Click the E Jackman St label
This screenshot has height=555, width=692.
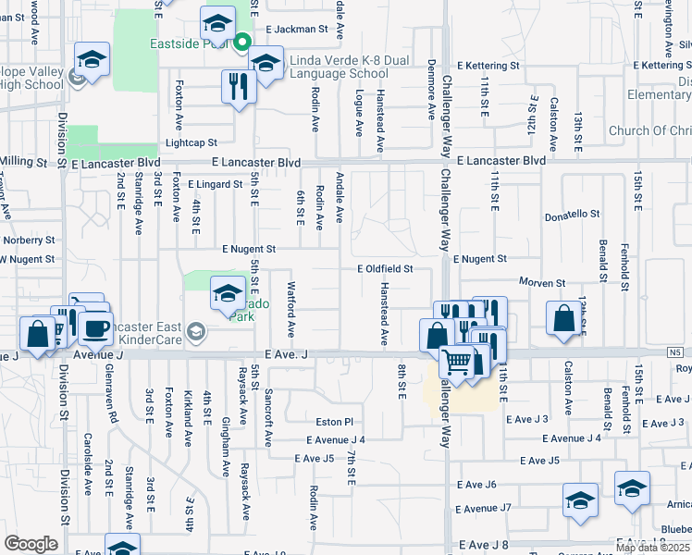coord(297,30)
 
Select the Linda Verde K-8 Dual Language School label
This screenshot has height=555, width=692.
coord(338,67)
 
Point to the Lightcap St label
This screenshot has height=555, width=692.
coord(191,143)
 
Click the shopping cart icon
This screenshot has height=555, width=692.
coord(456,362)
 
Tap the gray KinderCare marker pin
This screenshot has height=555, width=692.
coord(195,330)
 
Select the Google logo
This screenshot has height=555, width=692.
coord(31,543)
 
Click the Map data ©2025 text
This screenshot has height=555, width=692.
coord(651,548)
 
